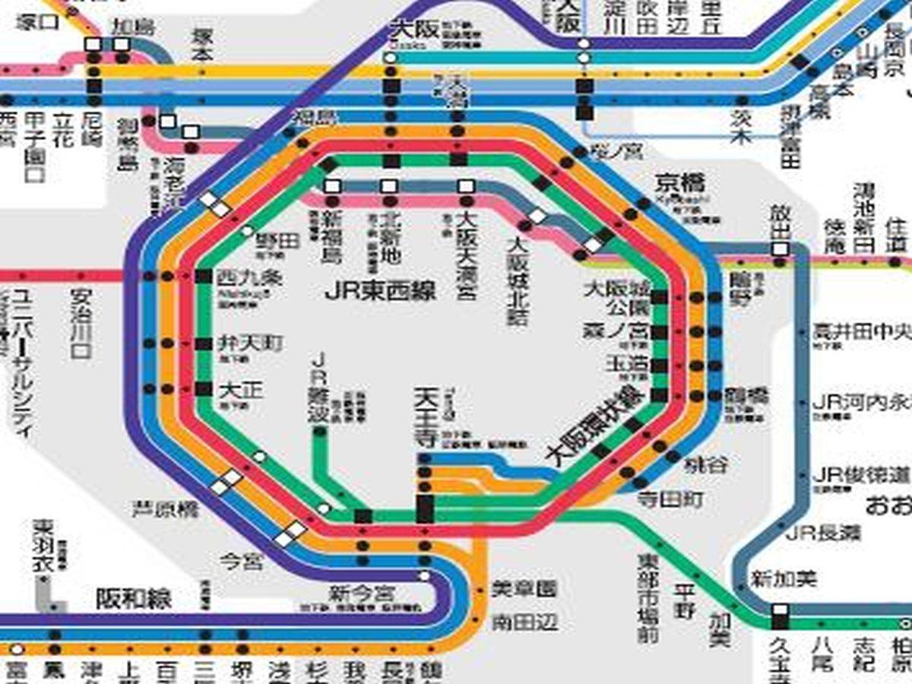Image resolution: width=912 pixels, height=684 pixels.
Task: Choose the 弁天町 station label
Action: [240, 344]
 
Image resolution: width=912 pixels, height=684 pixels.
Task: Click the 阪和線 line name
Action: [134, 600]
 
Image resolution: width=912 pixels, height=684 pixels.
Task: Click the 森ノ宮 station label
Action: [616, 331]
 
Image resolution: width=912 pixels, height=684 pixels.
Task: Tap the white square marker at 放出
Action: [780, 249]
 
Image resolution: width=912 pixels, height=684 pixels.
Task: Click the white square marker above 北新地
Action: [389, 186]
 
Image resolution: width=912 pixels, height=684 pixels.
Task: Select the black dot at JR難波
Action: [320, 432]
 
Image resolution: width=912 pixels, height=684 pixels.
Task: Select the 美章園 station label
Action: [524, 588]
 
